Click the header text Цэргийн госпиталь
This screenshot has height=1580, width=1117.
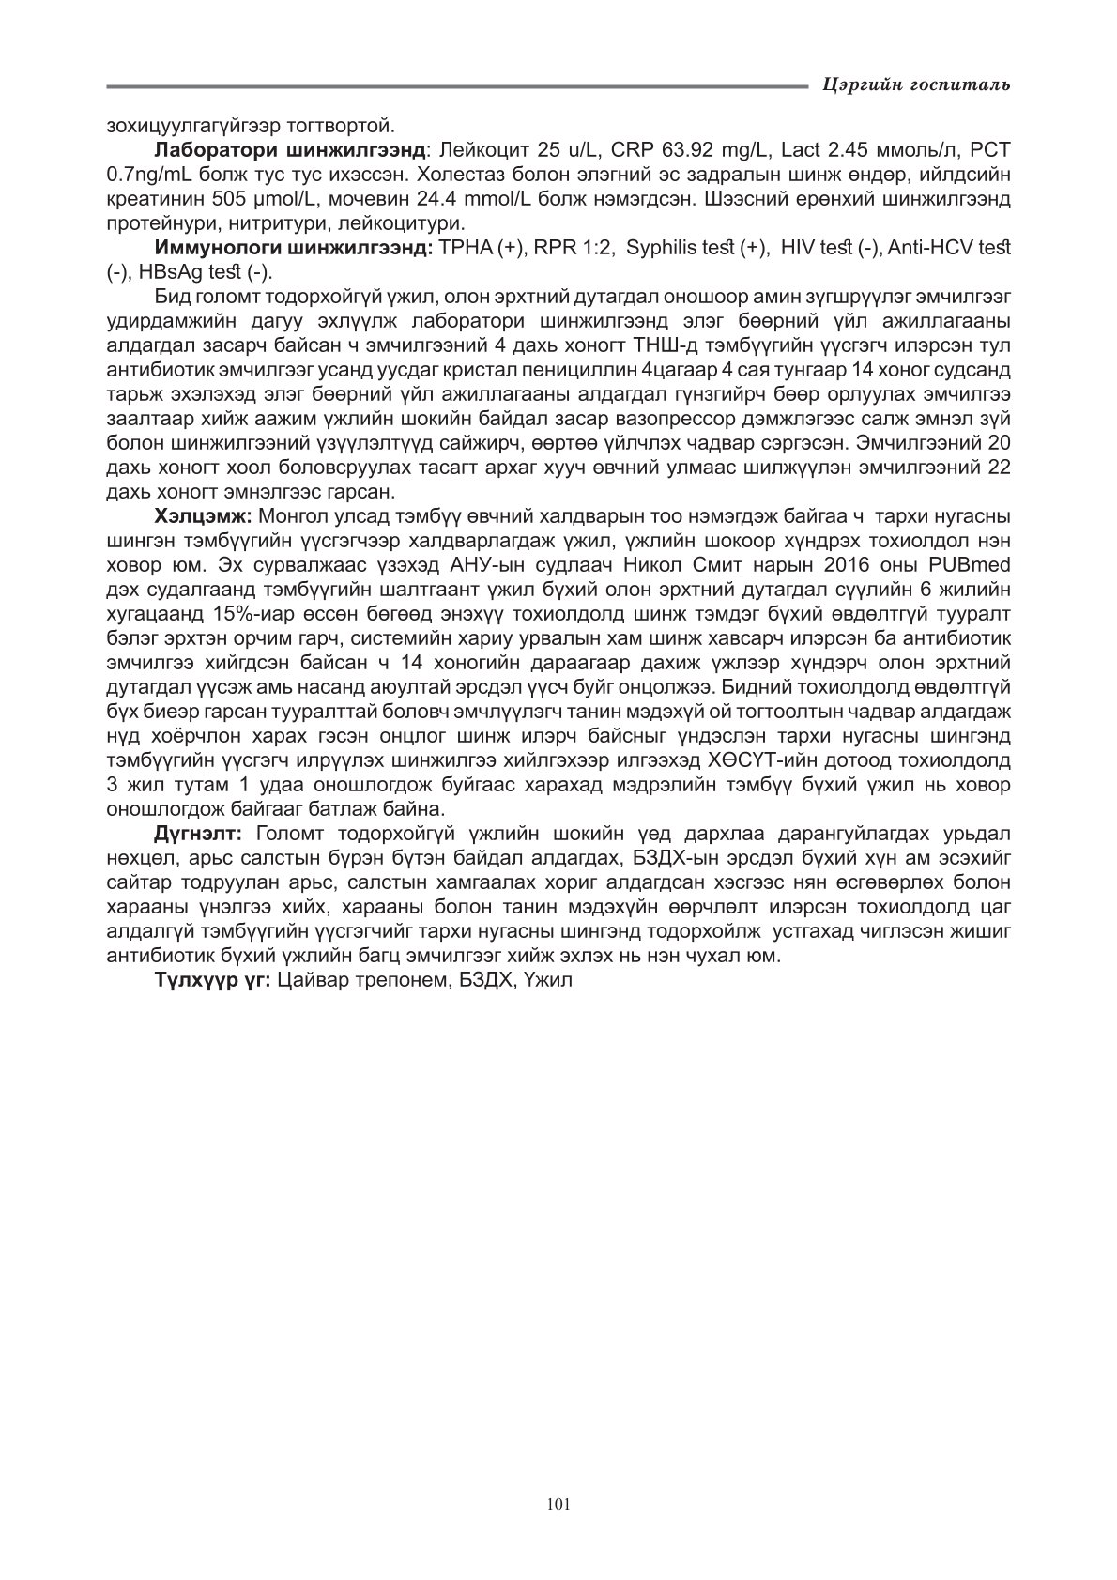915,85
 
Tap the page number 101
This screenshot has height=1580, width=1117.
558,1503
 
